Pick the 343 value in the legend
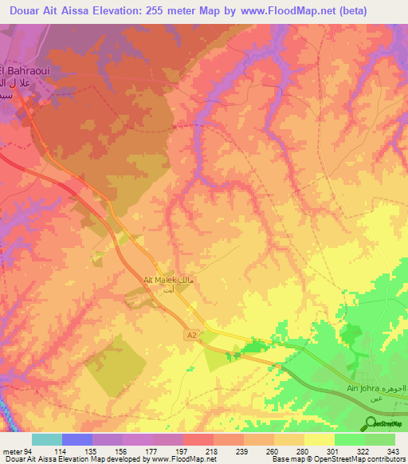pos(393,450)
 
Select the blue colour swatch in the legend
pos(77,439)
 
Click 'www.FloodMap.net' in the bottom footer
pos(184,459)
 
